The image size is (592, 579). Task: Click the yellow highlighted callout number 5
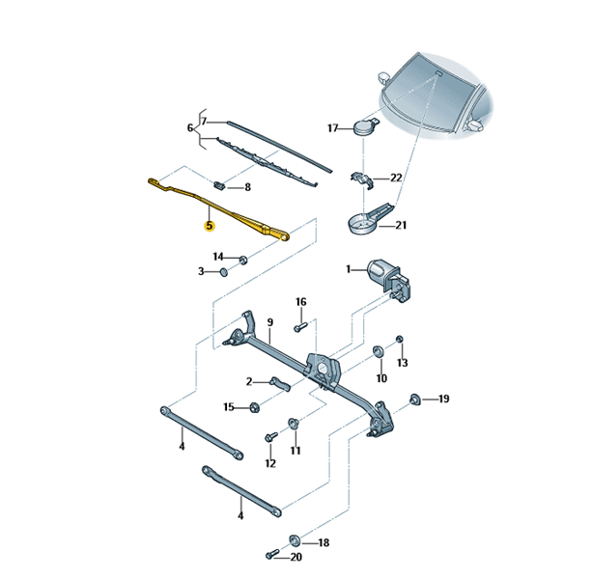click(210, 226)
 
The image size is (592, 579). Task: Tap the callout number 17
click(332, 128)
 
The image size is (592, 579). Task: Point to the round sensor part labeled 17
click(365, 127)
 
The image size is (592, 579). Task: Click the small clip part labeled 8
click(219, 185)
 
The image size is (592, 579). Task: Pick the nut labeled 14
click(243, 260)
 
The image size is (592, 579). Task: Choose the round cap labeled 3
click(224, 271)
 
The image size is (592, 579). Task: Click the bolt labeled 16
click(300, 327)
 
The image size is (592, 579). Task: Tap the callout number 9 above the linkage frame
click(270, 322)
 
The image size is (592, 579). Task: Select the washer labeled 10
click(378, 351)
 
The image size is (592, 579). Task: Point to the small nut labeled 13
click(400, 339)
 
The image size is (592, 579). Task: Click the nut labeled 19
click(415, 400)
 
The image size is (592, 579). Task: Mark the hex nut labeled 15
click(254, 407)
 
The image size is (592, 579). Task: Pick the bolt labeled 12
click(270, 437)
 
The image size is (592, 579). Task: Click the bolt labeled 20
click(271, 555)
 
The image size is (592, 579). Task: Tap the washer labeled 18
click(295, 540)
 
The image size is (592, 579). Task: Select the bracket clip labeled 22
click(362, 179)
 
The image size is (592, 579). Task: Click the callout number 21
click(401, 225)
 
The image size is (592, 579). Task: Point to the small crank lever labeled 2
click(280, 383)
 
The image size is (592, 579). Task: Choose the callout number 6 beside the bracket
click(190, 128)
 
